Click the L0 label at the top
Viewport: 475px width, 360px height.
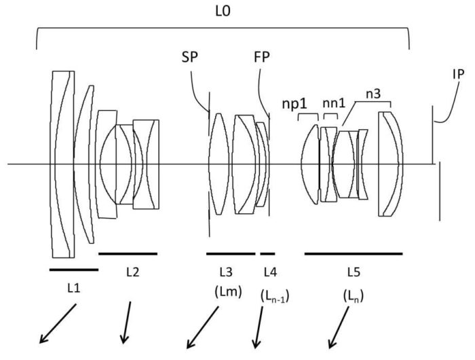click(223, 12)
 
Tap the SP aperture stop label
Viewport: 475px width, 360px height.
click(190, 56)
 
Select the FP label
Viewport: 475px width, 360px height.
click(262, 56)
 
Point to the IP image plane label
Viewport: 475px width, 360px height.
click(458, 74)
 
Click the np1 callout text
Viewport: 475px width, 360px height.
click(294, 104)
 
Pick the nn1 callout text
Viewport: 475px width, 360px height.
click(334, 103)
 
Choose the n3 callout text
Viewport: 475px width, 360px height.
click(373, 94)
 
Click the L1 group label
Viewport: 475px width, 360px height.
click(73, 288)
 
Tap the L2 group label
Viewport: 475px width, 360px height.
click(133, 272)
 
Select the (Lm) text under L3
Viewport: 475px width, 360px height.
click(228, 292)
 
